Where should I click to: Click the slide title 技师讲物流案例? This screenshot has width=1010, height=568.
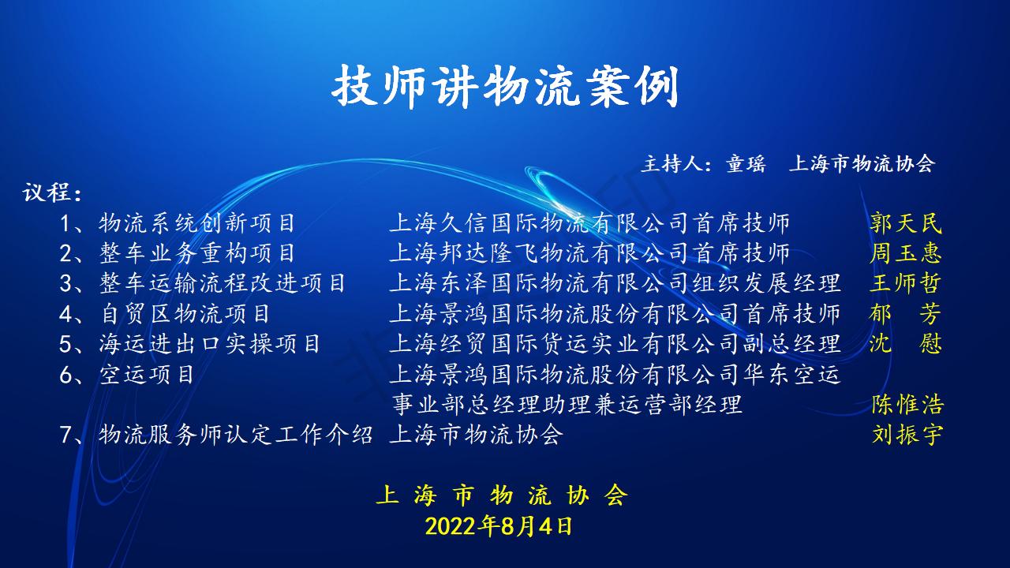[505, 86]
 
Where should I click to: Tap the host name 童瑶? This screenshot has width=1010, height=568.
[746, 163]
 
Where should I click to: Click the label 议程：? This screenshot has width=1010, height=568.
[52, 193]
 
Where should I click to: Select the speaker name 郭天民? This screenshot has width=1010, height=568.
[906, 223]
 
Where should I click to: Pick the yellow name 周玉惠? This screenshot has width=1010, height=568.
[906, 253]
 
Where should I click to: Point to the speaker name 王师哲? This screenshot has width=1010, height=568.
[906, 283]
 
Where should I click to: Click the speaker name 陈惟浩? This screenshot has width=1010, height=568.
[907, 405]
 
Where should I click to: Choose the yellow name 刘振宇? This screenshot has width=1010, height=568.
[907, 435]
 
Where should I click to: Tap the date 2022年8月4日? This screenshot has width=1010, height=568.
[499, 526]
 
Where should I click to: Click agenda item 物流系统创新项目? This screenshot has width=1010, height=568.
[197, 223]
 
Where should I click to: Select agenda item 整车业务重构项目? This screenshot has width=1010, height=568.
[197, 253]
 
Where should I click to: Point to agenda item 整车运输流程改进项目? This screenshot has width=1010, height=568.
[223, 283]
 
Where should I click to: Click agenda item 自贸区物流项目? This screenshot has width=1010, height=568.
[185, 314]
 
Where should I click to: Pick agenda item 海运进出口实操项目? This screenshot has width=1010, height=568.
[210, 344]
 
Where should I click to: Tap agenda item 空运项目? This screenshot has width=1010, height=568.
[147, 375]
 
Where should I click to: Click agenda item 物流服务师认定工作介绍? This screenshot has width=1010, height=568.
[235, 435]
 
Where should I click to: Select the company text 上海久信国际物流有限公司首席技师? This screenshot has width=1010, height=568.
[589, 223]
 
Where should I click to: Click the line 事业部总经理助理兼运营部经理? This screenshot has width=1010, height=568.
[567, 405]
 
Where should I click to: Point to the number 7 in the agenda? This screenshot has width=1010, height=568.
[65, 435]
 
